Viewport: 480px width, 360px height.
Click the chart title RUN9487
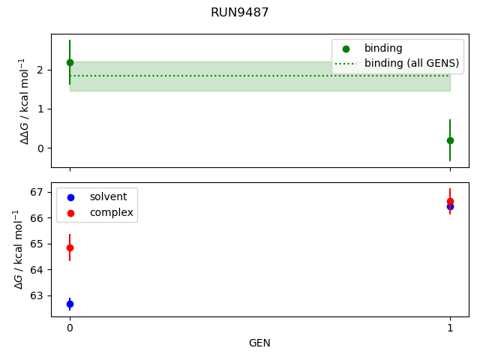239,13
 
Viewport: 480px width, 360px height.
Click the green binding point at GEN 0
70,62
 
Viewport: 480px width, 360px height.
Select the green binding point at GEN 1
450,140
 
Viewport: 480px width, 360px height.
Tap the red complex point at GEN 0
70,247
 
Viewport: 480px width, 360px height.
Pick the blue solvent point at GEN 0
70,304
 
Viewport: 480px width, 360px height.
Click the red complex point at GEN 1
450,201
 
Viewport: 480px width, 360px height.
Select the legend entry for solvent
108,196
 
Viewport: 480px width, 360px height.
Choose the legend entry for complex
111,212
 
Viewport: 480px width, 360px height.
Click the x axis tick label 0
70,328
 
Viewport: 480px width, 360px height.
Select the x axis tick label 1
450,328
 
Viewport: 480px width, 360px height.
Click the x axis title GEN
259,343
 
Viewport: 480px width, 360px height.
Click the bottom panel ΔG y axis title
18,249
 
